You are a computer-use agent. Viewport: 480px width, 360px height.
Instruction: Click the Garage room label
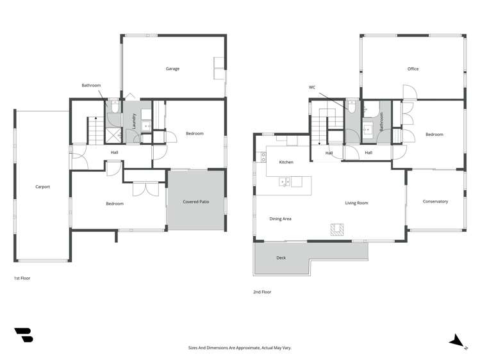click(172, 69)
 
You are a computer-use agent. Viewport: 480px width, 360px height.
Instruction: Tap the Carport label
click(42, 187)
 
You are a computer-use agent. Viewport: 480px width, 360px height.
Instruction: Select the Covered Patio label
click(195, 202)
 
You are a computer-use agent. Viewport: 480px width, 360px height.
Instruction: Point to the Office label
click(413, 69)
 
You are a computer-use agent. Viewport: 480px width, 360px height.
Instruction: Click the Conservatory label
click(435, 202)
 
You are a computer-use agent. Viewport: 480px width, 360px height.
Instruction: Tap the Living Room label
click(356, 203)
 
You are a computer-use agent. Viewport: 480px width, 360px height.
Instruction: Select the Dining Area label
click(280, 219)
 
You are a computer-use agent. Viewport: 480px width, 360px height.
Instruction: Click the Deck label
click(281, 258)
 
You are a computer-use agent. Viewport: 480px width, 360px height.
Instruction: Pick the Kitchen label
click(286, 162)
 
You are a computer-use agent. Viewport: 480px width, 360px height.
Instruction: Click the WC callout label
click(312, 87)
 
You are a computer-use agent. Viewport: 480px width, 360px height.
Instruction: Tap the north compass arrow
click(456, 341)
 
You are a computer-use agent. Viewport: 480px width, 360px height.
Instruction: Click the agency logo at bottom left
click(24, 335)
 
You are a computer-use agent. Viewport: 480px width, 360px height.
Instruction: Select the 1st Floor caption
click(22, 279)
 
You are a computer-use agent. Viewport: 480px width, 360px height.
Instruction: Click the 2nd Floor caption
click(262, 292)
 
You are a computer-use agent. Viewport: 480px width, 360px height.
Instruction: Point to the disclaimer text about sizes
click(240, 348)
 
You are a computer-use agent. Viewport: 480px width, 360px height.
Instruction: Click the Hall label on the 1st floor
click(114, 152)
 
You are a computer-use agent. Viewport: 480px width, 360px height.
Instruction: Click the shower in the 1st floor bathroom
click(113, 135)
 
